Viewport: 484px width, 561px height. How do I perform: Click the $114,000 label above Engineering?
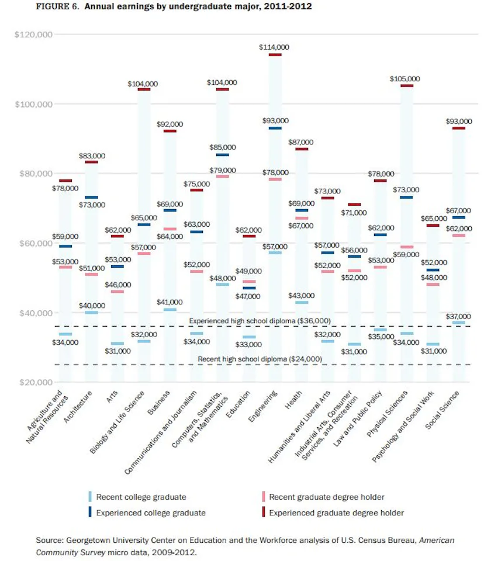tap(274, 47)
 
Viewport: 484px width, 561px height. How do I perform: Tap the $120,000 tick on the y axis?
tap(34, 34)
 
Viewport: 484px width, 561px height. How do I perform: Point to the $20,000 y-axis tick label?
tap(36, 382)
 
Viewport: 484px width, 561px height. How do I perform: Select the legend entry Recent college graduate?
tap(137, 497)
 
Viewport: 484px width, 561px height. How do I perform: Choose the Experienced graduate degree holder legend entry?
tap(333, 512)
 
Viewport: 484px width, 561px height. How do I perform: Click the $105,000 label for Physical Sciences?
tap(405, 79)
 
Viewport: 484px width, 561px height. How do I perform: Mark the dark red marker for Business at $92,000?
tap(170, 131)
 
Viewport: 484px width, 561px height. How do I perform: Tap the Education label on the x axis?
tap(238, 404)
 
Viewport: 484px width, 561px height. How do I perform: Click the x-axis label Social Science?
tap(442, 410)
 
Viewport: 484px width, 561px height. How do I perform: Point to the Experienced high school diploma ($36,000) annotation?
tap(260, 321)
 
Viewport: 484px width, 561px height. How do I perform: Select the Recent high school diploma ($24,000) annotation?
tap(260, 359)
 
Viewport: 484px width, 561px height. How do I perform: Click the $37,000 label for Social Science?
tap(458, 317)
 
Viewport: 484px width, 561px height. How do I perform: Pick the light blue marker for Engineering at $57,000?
tap(275, 253)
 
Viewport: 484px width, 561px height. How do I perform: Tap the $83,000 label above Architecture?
tap(92, 156)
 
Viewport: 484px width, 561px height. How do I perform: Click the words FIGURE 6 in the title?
tap(57, 6)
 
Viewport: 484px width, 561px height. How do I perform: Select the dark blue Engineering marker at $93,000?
tap(275, 128)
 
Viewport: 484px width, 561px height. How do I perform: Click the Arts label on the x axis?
tap(112, 397)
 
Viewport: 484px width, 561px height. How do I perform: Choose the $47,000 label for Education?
tap(248, 296)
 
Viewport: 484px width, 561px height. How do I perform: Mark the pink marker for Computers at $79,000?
tap(222, 176)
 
